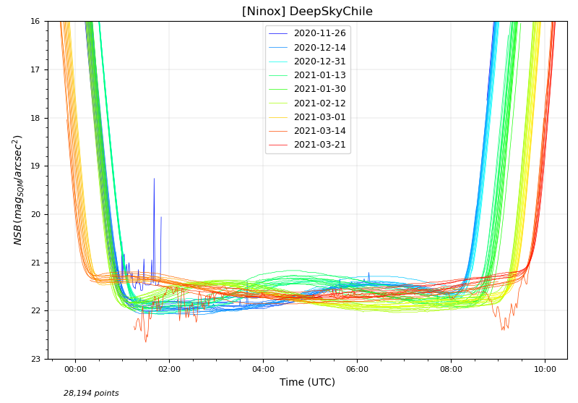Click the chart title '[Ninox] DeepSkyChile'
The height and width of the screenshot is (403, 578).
click(307, 12)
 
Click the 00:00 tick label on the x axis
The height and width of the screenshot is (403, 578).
click(75, 369)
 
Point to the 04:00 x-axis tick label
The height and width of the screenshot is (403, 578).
click(263, 369)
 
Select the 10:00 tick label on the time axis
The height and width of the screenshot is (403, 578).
click(545, 369)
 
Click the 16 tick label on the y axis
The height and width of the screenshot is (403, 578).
click(35, 22)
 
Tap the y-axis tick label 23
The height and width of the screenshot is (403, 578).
click(35, 359)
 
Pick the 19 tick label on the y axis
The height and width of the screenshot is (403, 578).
click(35, 166)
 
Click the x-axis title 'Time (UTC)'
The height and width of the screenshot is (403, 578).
click(307, 382)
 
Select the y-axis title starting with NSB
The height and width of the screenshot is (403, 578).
click(18, 190)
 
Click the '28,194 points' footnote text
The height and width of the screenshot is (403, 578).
click(91, 394)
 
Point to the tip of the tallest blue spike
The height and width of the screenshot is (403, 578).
click(154, 179)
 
